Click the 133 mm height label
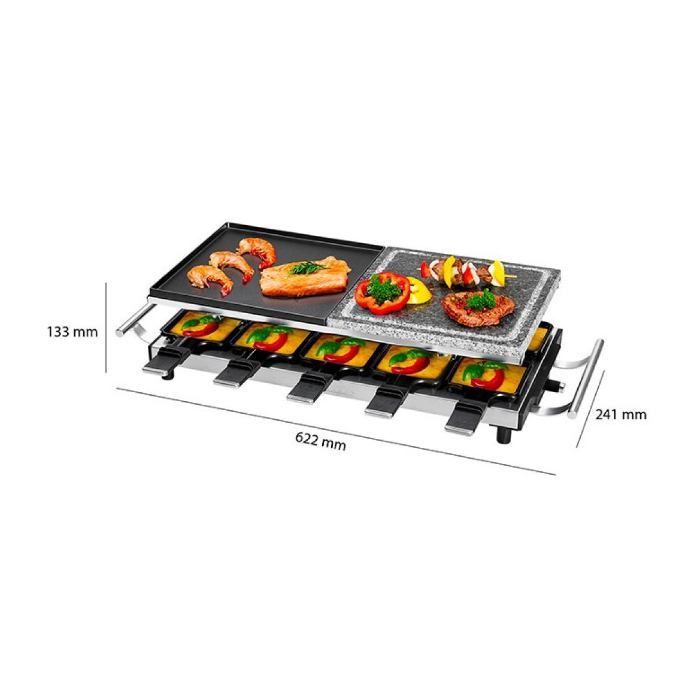pyautogui.click(x=72, y=332)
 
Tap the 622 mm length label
pyautogui.click(x=320, y=440)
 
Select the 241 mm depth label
pyautogui.click(x=620, y=415)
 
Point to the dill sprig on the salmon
pyautogui.click(x=308, y=267)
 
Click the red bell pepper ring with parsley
pyautogui.click(x=382, y=293)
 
